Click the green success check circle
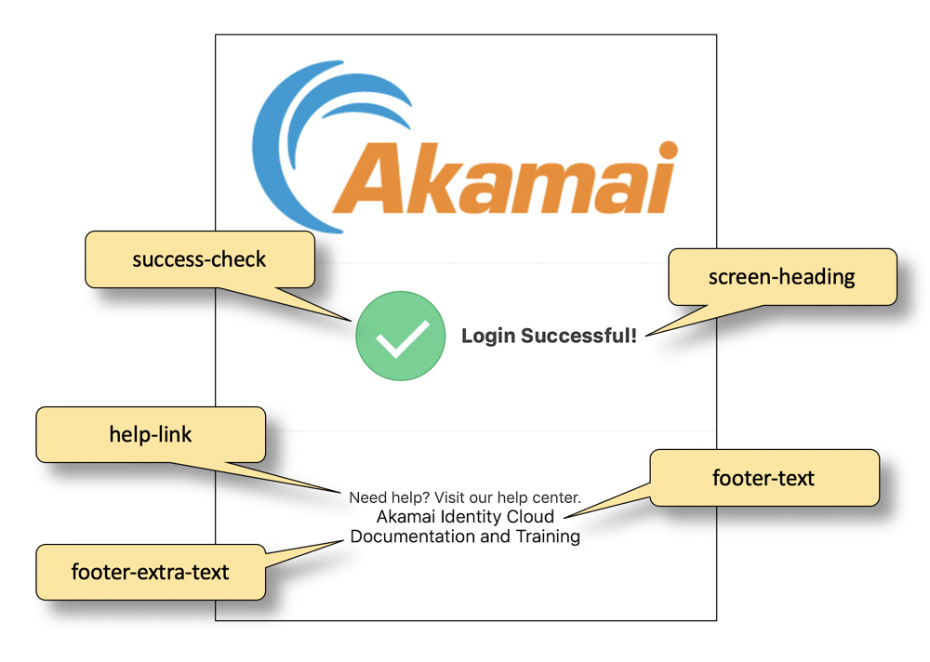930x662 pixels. pyautogui.click(x=400, y=336)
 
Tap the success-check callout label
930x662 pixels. pyautogui.click(x=199, y=259)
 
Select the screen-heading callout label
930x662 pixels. pyautogui.click(x=782, y=277)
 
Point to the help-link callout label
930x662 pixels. pyautogui.click(x=151, y=435)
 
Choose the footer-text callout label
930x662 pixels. pyautogui.click(x=764, y=478)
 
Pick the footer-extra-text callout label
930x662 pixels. pyautogui.click(x=151, y=573)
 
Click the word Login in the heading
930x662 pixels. pyautogui.click(x=488, y=337)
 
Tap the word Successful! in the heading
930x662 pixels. pyautogui.click(x=578, y=335)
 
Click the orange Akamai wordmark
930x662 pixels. pyautogui.click(x=505, y=178)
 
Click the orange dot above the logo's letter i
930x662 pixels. pyautogui.click(x=669, y=150)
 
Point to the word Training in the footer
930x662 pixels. pyautogui.click(x=548, y=536)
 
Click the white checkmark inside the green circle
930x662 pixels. pyautogui.click(x=403, y=339)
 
